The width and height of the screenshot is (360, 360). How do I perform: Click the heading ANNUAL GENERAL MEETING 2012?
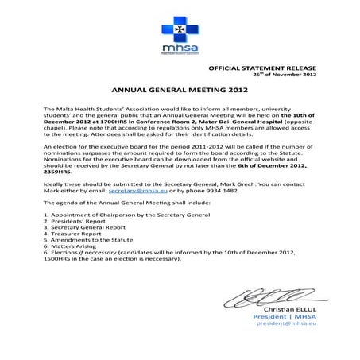click(179, 91)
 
